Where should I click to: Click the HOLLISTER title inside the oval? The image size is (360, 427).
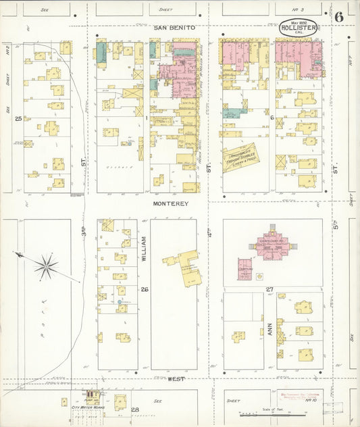click(299, 28)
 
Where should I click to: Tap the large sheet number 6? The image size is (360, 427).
click(337, 16)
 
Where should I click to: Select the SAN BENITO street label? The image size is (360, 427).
click(174, 27)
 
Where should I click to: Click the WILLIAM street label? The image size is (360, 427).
click(144, 249)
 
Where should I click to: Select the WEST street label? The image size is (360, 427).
click(177, 380)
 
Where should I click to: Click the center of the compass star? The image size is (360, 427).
click(46, 266)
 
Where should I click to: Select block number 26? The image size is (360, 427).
click(144, 289)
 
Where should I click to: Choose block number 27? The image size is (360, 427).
click(269, 289)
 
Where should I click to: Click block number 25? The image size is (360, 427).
click(18, 118)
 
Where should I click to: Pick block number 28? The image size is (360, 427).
click(134, 409)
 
